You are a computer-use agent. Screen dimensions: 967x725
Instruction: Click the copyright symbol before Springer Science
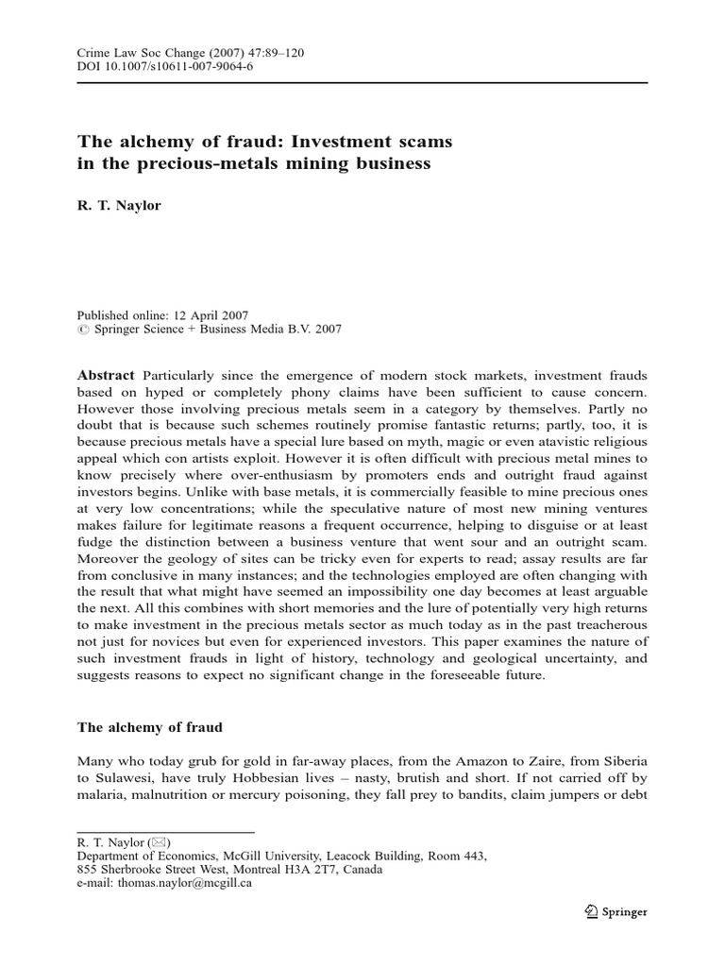81,330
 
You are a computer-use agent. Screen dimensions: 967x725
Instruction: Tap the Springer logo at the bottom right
615,911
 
